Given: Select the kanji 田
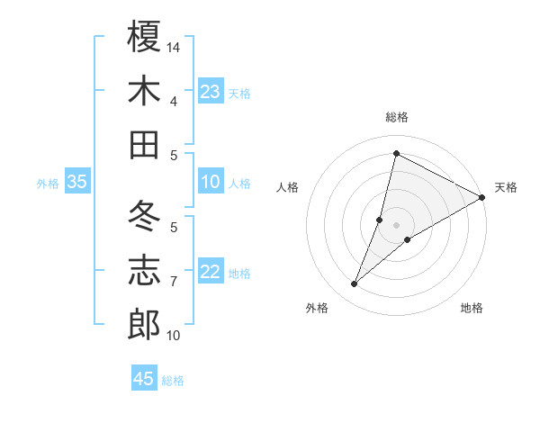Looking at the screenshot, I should click(x=145, y=144).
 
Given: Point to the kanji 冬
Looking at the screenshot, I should click(x=145, y=216).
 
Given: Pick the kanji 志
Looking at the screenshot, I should click(x=145, y=271).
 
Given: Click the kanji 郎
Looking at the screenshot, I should click(x=145, y=325).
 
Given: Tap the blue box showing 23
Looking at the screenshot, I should click(x=210, y=92).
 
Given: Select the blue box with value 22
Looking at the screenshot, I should click(x=210, y=272).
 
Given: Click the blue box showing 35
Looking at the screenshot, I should click(x=76, y=182).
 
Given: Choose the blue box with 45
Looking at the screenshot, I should click(x=144, y=379).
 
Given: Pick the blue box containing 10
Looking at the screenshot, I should click(x=210, y=182).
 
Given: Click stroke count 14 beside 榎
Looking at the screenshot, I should click(x=175, y=46).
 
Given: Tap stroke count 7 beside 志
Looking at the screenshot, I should click(x=174, y=282).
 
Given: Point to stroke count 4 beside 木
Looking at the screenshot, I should click(x=174, y=101).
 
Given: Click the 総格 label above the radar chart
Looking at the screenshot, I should click(x=396, y=117).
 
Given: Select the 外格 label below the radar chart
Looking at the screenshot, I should click(x=317, y=308).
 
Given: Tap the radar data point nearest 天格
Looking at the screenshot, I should click(x=482, y=197).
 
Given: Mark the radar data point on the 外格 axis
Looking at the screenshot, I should click(x=355, y=284).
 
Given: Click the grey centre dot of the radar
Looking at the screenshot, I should click(x=396, y=224).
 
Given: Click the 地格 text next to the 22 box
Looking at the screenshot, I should click(x=239, y=274).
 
